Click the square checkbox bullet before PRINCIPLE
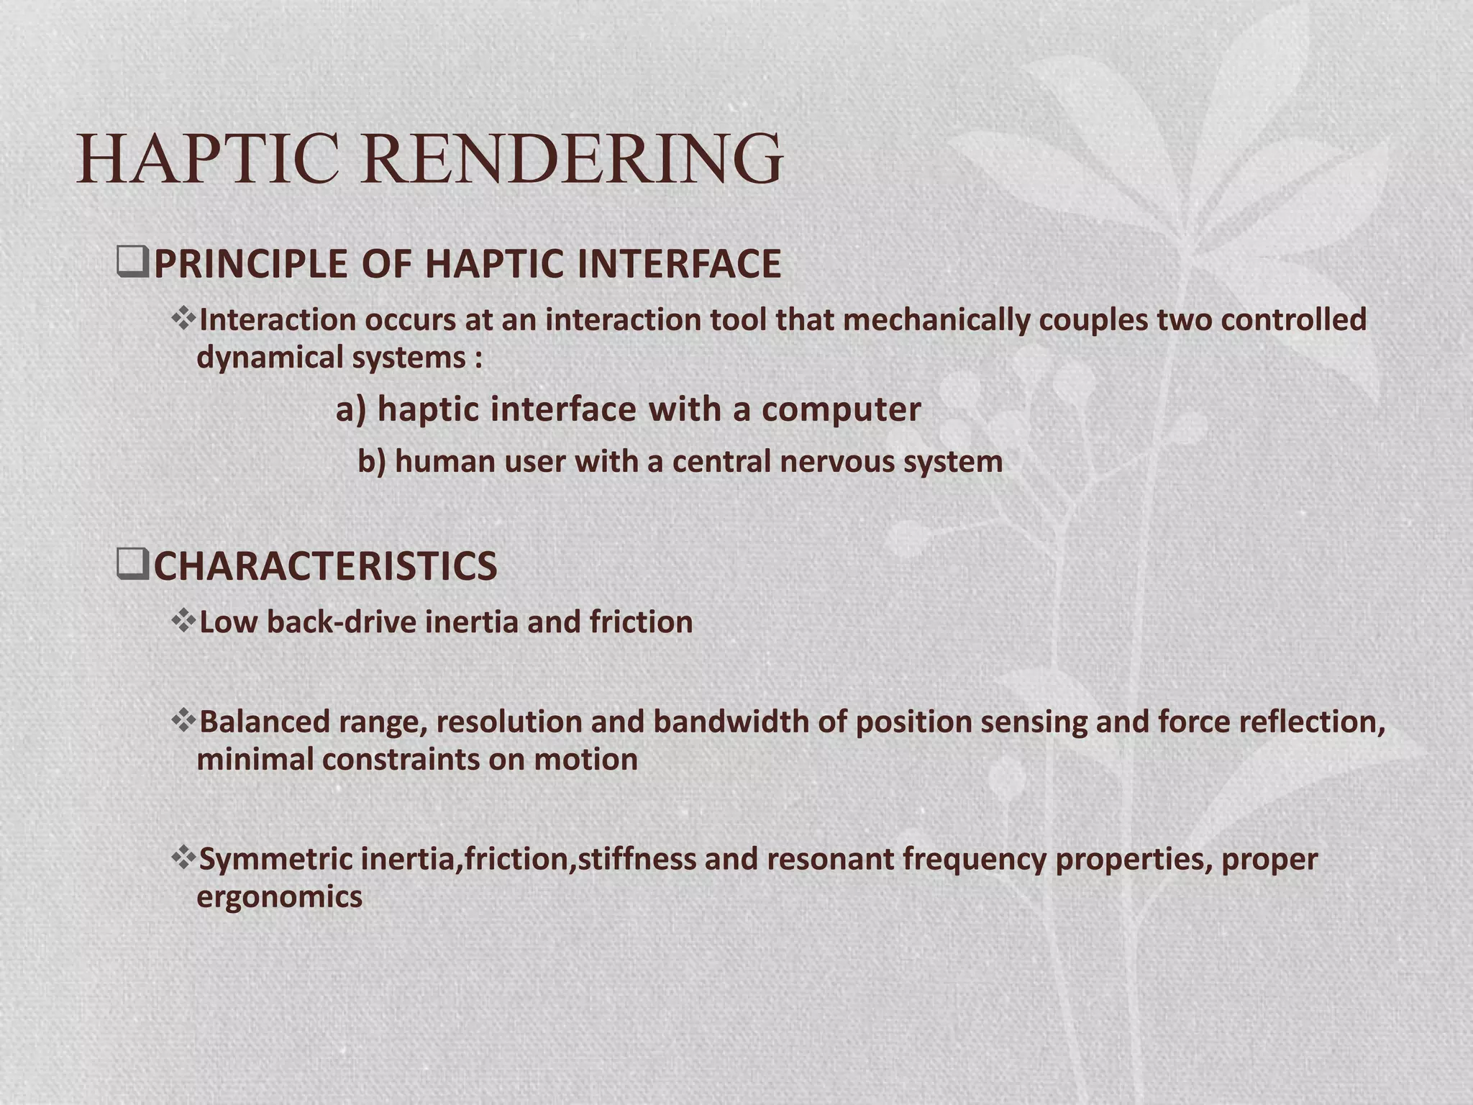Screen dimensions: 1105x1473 click(x=132, y=263)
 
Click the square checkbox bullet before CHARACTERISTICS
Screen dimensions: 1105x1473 click(x=132, y=565)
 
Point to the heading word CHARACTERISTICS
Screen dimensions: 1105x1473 click(x=325, y=566)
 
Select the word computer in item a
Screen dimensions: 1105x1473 click(x=841, y=409)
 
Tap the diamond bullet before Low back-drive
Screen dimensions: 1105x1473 click(x=183, y=621)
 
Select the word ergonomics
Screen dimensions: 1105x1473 click(x=279, y=897)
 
